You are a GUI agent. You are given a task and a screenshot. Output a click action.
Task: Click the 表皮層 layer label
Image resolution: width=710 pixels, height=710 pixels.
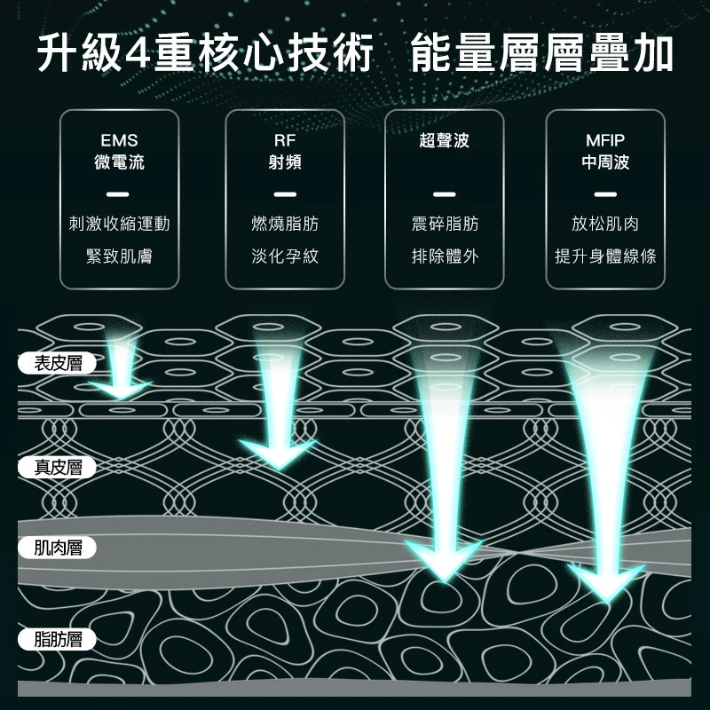pyautogui.click(x=57, y=363)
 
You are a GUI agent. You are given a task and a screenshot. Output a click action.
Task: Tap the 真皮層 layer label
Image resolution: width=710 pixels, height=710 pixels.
pyautogui.click(x=57, y=468)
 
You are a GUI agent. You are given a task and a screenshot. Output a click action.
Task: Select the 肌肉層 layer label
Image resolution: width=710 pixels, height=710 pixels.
pyautogui.click(x=57, y=548)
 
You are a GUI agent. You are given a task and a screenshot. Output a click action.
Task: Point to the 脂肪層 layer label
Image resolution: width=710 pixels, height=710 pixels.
pyautogui.click(x=57, y=639)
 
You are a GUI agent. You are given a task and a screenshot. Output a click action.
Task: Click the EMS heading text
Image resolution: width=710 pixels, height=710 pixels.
pyautogui.click(x=119, y=140)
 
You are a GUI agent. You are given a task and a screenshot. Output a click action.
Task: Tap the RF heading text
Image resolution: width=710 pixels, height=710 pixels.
pyautogui.click(x=285, y=140)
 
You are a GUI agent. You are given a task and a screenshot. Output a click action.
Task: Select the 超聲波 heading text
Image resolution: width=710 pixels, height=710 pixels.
pyautogui.click(x=445, y=140)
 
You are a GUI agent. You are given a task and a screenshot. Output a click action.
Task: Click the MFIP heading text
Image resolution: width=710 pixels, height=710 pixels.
pyautogui.click(x=605, y=140)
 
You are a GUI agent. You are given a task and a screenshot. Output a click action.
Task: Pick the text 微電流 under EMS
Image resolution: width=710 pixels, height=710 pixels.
pyautogui.click(x=119, y=162)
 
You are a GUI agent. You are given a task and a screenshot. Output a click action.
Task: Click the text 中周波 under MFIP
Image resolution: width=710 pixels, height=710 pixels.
pyautogui.click(x=605, y=162)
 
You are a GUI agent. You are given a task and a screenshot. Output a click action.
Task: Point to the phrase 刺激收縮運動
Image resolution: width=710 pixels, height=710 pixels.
pyautogui.click(x=119, y=224)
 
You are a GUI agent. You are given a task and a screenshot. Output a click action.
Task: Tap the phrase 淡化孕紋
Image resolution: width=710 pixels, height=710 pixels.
pyautogui.click(x=285, y=256)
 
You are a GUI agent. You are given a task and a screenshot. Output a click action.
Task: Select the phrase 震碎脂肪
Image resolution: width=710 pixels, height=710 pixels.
pyautogui.click(x=445, y=224)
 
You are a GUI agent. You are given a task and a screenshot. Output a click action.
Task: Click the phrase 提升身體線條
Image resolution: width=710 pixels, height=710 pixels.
pyautogui.click(x=605, y=256)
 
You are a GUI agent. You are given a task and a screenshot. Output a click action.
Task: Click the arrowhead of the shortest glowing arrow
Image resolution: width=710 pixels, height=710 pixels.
pyautogui.click(x=121, y=390)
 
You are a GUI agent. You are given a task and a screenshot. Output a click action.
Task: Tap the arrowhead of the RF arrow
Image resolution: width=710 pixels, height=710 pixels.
pyautogui.click(x=278, y=454)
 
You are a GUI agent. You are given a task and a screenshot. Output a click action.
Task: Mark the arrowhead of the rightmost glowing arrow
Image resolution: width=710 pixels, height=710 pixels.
pyautogui.click(x=607, y=583)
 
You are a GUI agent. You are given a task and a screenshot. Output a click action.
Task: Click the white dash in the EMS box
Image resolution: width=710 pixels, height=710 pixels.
pyautogui.click(x=118, y=194)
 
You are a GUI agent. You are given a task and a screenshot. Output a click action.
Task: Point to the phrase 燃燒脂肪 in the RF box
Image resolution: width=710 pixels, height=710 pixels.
pyautogui.click(x=285, y=224)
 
